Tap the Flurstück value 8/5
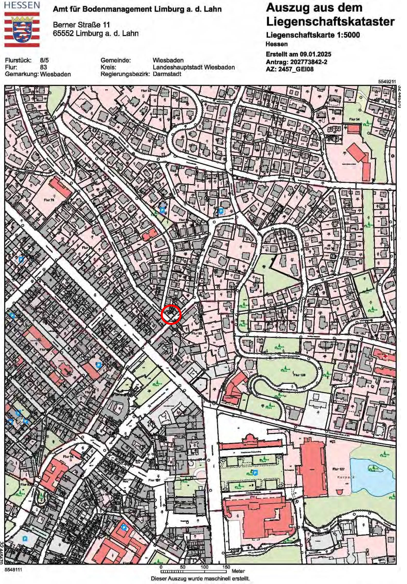[x=44, y=60]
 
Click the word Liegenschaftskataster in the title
[x=330, y=22]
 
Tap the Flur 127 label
[x=338, y=469]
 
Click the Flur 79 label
[x=49, y=200]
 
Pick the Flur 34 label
[x=354, y=119]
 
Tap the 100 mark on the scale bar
[x=204, y=567]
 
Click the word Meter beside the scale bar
[x=238, y=571]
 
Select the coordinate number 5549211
[x=387, y=82]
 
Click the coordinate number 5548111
[x=13, y=569]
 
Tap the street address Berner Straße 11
[x=81, y=25]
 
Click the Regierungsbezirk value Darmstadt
[x=167, y=74]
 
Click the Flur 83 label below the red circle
[x=196, y=333]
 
